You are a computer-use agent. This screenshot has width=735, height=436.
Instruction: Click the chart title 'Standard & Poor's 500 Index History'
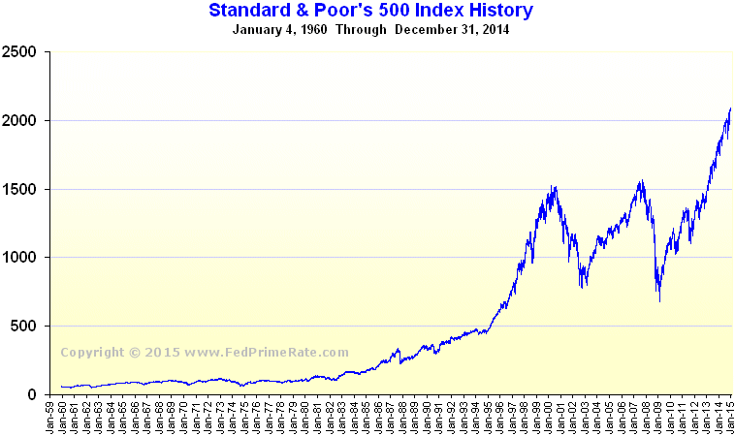371,11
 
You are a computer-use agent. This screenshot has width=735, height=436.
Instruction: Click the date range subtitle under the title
371,29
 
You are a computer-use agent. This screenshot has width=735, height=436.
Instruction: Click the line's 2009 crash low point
660,301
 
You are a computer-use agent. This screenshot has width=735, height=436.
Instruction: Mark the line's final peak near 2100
729,109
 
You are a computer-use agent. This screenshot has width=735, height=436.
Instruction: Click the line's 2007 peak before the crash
642,180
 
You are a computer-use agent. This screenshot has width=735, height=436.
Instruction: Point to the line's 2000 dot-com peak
553,186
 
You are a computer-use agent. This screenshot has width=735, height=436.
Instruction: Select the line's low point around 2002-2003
582,288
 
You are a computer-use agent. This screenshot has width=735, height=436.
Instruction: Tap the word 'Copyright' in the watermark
93,353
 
